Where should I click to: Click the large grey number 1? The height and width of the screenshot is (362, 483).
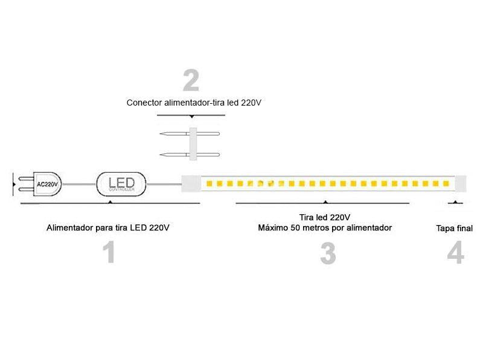[109, 253]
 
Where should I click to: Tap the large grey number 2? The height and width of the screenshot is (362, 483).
[191, 80]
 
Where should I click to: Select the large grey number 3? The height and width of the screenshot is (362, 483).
[328, 254]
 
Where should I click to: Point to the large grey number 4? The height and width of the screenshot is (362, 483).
[456, 253]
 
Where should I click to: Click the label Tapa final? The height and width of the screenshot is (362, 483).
[454, 229]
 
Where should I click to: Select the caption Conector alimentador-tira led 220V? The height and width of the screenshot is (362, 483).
[194, 103]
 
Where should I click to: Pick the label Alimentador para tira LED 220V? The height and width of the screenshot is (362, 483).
[107, 228]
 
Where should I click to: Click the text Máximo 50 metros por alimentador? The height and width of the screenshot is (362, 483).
[325, 227]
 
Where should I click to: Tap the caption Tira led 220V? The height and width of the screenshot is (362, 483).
[325, 217]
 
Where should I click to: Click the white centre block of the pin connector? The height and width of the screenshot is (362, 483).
[194, 144]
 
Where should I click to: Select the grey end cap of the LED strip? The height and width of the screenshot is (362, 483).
[459, 182]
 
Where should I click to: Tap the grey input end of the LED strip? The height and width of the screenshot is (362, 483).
[191, 182]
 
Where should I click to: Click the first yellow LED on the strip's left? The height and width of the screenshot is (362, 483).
[205, 182]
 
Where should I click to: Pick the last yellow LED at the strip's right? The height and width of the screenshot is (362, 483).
[445, 182]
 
